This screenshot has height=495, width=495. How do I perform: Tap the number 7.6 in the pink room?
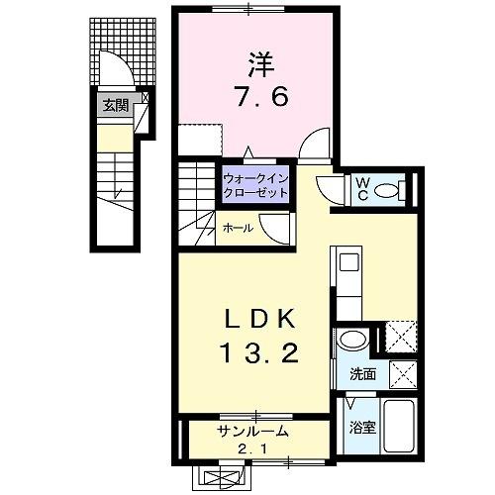point(254,99)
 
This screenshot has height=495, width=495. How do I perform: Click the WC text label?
point(362,187)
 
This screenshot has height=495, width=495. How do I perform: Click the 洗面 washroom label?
point(362,374)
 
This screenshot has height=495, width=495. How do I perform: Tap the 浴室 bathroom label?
point(362,428)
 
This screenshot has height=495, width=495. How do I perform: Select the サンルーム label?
point(252,431)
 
